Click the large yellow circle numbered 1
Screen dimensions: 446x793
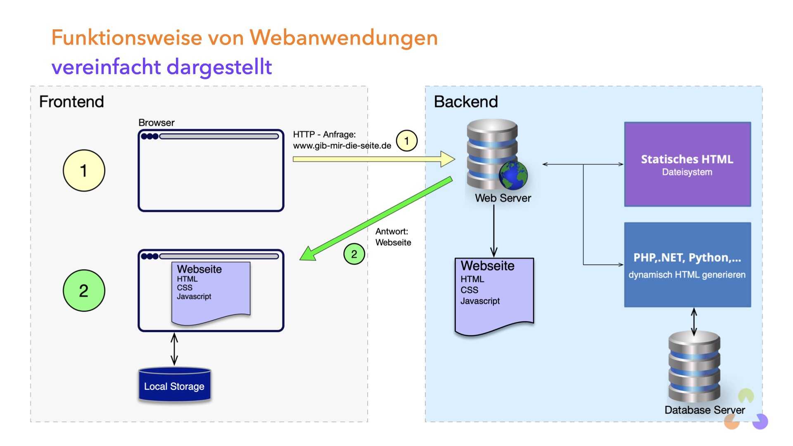tap(84, 171)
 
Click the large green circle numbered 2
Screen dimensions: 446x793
tap(84, 290)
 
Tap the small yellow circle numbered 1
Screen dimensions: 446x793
tap(406, 141)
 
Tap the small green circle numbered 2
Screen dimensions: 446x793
tap(354, 254)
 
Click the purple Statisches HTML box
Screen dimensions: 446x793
tap(687, 164)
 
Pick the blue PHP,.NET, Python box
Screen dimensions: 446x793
tap(687, 265)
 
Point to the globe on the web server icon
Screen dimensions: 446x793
tap(513, 175)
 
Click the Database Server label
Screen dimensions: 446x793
tap(705, 410)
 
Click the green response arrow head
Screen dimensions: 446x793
tap(308, 253)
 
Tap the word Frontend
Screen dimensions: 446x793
tap(71, 102)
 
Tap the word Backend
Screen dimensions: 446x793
tap(465, 102)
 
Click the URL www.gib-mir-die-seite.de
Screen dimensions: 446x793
tap(342, 146)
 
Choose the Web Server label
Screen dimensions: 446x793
tap(503, 198)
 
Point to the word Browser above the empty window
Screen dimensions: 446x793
tap(156, 123)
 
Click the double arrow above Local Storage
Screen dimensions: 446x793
tap(174, 349)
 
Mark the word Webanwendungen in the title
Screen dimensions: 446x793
tap(344, 38)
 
